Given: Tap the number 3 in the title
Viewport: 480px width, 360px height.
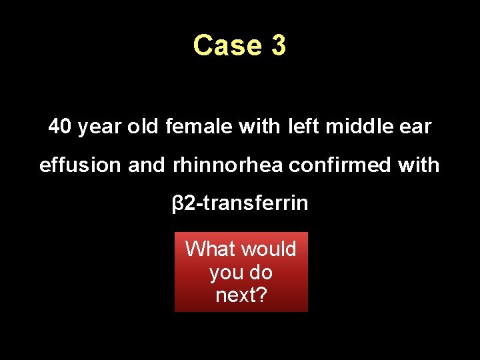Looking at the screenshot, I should click(278, 45).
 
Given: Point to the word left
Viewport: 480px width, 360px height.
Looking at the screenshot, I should click(304, 126).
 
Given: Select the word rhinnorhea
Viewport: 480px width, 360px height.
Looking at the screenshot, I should click(227, 165).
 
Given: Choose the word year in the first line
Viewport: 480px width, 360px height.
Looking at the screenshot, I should click(97, 126).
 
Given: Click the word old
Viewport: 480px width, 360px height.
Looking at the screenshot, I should click(142, 126).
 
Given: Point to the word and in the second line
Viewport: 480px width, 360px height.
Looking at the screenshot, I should click(146, 165).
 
